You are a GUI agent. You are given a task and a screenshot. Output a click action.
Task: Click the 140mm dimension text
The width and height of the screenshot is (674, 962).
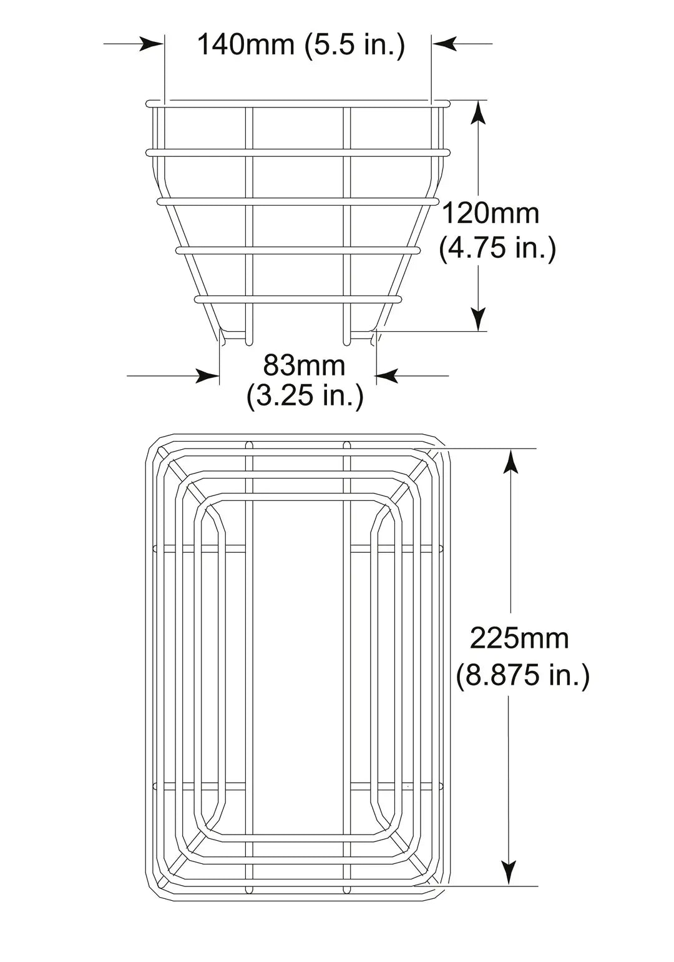point(246,45)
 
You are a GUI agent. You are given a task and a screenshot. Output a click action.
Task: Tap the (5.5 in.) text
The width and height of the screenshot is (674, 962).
point(354,45)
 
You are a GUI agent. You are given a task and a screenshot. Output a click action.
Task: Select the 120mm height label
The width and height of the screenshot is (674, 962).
point(491,214)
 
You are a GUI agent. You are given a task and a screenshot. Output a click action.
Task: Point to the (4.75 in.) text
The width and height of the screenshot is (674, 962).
point(497,249)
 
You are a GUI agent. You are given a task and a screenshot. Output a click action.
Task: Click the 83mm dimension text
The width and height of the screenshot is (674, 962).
point(304,365)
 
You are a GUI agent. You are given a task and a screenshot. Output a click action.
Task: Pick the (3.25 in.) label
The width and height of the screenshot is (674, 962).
point(305,395)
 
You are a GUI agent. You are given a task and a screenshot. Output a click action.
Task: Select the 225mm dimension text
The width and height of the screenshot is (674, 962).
point(519,638)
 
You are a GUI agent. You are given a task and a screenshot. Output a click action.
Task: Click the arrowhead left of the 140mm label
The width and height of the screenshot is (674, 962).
point(151,44)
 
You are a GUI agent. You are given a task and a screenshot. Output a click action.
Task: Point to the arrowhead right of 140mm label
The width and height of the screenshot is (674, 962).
point(444,44)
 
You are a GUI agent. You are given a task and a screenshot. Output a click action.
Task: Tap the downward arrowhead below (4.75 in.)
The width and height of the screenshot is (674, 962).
point(478,317)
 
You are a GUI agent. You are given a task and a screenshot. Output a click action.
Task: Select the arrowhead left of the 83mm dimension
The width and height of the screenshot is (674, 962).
point(207,376)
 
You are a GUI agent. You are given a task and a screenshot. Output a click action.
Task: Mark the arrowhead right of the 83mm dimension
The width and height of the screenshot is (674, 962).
point(388,376)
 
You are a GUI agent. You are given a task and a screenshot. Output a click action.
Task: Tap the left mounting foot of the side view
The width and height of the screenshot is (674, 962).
point(235,337)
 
